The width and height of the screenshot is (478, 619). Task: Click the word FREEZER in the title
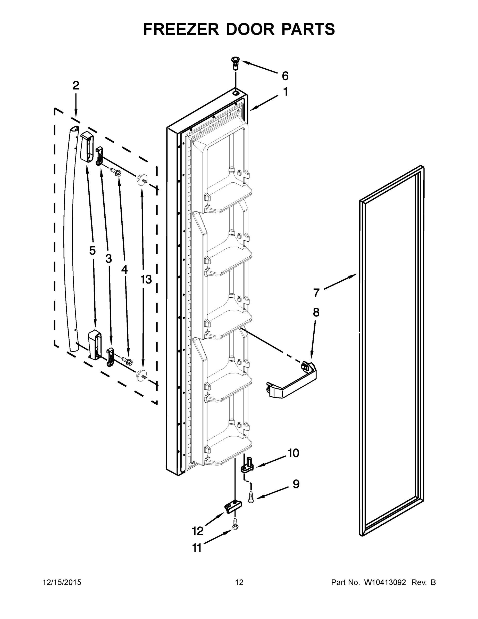click(181, 29)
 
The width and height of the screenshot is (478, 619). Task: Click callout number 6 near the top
click(285, 76)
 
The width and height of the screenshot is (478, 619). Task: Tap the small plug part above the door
click(235, 64)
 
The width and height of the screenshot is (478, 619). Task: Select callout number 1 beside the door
click(286, 92)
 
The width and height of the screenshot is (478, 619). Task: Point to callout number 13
click(146, 280)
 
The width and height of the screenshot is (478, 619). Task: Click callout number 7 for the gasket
click(316, 292)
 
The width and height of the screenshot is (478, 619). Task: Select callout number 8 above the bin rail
click(316, 312)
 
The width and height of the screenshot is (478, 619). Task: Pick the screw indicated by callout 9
click(251, 498)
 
